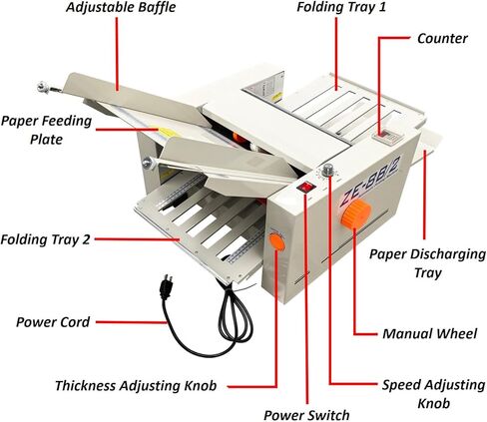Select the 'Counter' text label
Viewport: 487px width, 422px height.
443,38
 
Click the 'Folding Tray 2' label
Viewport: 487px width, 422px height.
49,239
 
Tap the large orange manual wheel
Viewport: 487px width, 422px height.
360,211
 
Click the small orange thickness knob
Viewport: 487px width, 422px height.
275,242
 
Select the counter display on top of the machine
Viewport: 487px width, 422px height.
382,132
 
